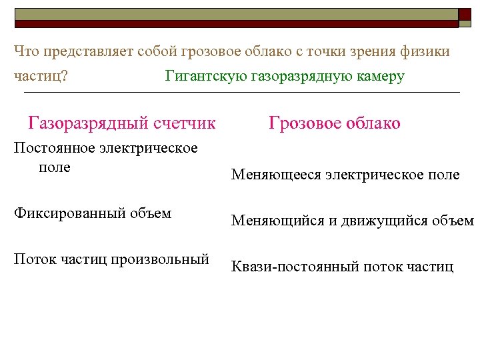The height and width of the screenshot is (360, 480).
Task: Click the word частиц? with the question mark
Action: (x=40, y=76)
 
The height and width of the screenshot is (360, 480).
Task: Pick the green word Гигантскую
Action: (x=205, y=76)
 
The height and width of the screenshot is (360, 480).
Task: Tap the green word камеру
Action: (x=381, y=76)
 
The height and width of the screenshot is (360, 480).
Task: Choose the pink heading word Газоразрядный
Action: (x=88, y=123)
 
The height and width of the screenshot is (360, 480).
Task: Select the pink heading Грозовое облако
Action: (x=334, y=123)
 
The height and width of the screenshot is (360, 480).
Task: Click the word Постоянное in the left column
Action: (x=54, y=148)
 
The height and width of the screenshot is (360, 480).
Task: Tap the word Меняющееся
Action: (x=275, y=175)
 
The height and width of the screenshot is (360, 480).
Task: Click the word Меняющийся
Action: (x=275, y=221)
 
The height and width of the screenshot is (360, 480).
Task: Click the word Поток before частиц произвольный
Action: (x=32, y=259)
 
